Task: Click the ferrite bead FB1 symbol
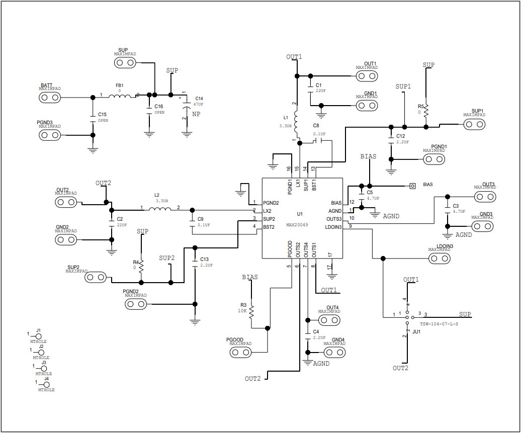pos(119,96)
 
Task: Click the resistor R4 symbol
pos(141,265)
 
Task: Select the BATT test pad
pos(49,97)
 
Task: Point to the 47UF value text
pos(198,104)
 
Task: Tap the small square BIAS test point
pos(412,186)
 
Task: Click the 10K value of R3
pos(243,311)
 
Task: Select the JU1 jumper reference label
pos(416,332)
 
